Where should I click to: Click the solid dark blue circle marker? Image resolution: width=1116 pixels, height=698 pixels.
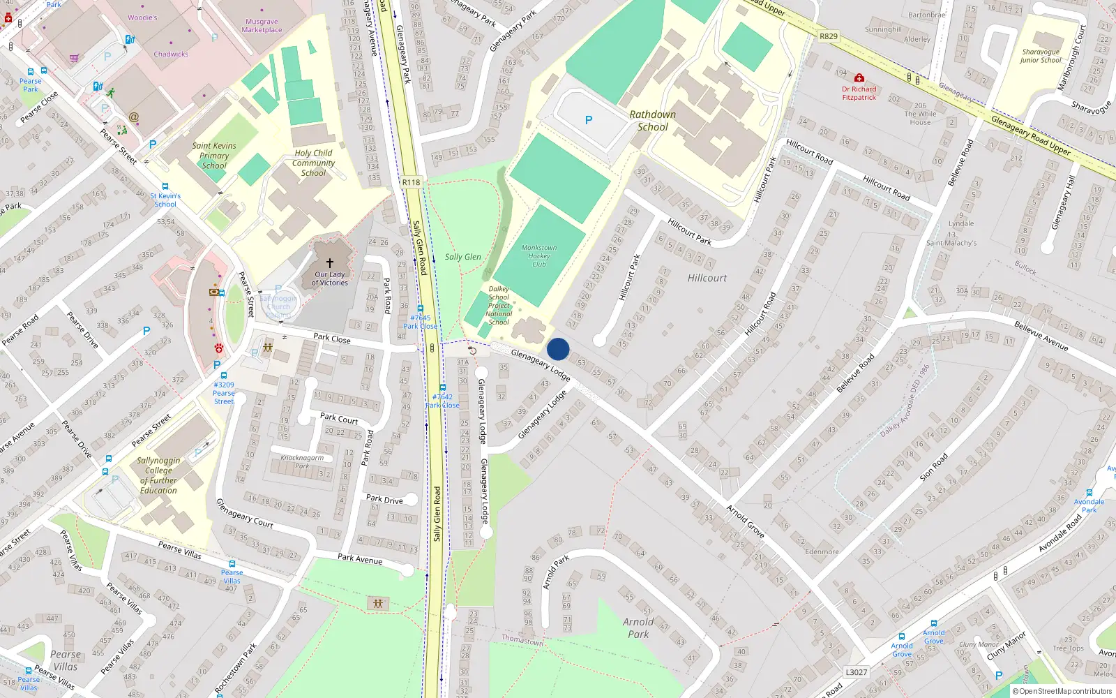558,349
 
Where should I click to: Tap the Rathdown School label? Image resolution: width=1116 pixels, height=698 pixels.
652,121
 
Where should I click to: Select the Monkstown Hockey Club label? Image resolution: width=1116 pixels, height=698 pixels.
539,256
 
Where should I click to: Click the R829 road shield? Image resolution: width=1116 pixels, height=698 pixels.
829,36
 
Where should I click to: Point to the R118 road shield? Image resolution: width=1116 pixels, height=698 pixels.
412,182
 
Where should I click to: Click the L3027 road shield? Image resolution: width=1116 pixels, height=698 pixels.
857,672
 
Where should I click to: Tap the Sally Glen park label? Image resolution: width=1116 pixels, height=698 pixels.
463,257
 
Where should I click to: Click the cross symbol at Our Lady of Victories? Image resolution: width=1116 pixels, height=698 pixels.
330,263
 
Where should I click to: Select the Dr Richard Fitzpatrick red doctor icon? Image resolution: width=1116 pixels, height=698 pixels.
859,78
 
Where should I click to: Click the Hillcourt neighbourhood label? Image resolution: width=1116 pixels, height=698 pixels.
707,278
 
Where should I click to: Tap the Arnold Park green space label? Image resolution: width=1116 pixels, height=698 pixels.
638,628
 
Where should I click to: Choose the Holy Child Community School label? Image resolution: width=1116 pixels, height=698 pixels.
313,163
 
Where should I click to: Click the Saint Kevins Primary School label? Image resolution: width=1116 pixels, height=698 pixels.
214,156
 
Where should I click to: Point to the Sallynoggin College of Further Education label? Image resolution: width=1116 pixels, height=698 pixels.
158,475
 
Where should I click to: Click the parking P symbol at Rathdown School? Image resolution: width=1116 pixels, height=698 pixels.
589,120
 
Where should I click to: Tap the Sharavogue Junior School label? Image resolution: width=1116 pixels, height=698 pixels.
1040,56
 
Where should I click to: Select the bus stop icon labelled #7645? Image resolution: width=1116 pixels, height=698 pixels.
420,309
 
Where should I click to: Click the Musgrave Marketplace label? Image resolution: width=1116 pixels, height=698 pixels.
262,26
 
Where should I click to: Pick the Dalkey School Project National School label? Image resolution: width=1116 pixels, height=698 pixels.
499,306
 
